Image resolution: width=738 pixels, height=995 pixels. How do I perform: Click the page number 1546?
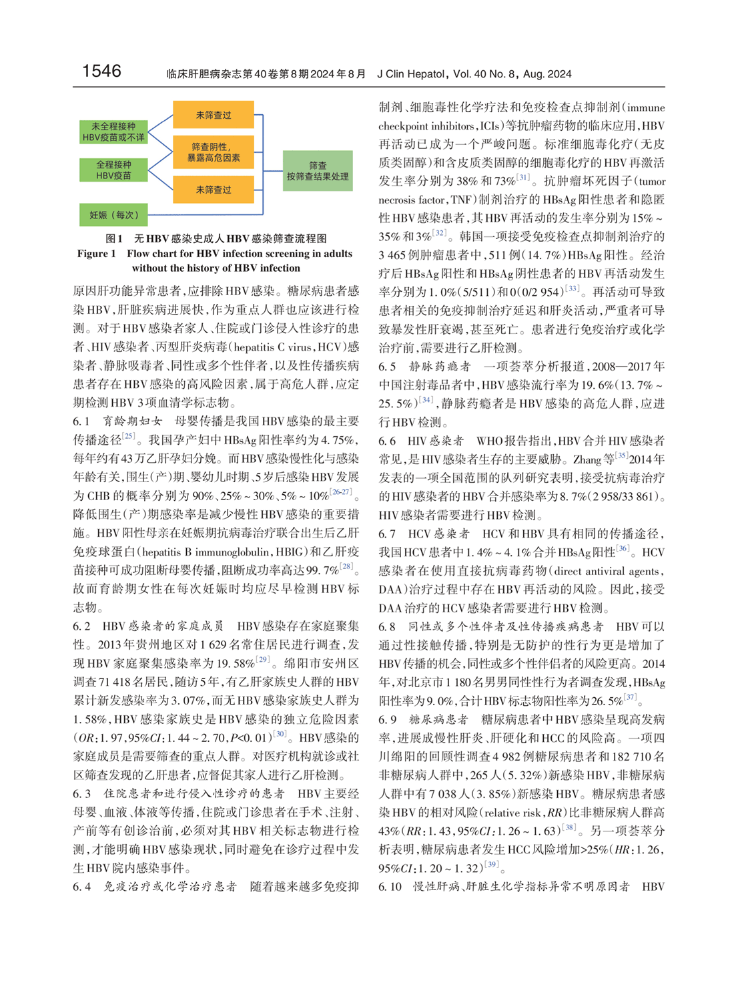[101, 71]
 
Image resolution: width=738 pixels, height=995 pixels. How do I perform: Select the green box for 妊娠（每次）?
[113, 215]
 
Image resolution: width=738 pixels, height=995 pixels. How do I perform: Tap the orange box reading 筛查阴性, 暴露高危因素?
[214, 152]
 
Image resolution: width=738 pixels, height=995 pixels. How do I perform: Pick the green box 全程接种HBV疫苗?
[113, 170]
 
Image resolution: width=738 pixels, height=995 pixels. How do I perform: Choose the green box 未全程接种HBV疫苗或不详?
[113, 132]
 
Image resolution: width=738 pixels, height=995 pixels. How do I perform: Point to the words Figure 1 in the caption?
[97, 254]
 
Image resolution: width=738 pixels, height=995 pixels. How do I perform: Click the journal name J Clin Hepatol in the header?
[410, 74]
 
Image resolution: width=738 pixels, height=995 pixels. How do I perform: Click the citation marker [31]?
[522, 178]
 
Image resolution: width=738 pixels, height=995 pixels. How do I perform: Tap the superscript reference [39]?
[491, 865]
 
